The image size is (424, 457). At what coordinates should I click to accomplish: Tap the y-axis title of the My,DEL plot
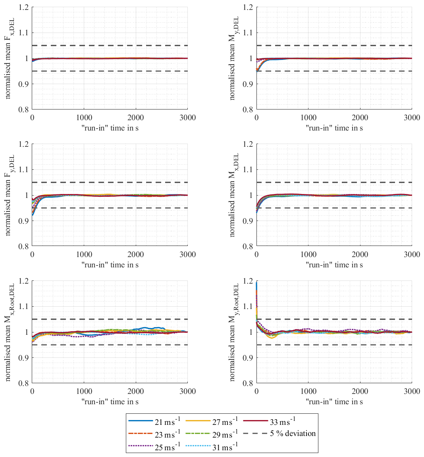click(x=234, y=58)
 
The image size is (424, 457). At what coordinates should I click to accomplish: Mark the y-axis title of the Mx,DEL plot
click(x=234, y=195)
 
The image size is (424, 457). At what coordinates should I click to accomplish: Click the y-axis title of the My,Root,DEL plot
click(x=234, y=332)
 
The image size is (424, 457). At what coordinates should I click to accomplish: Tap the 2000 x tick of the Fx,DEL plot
click(x=136, y=118)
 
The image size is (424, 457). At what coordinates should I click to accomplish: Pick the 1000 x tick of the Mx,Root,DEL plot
click(x=84, y=392)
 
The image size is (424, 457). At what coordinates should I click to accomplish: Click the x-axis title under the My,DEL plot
click(x=334, y=128)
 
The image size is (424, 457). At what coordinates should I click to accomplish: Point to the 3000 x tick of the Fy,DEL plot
click(x=188, y=255)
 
